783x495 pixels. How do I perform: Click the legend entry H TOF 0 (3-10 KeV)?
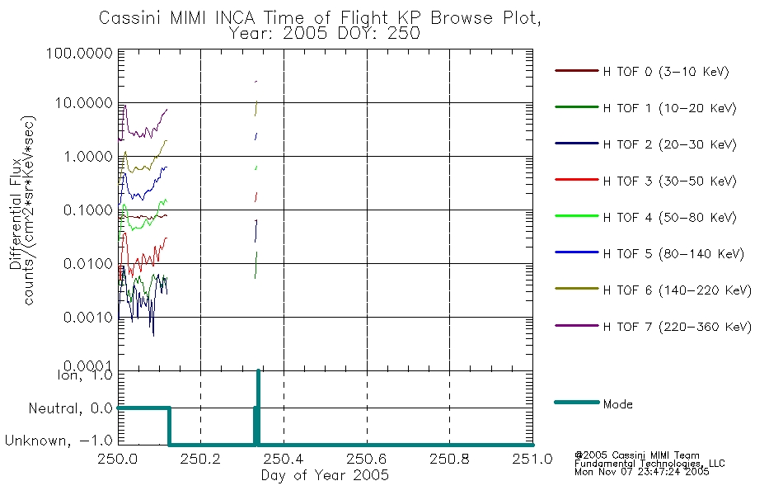[x=666, y=72]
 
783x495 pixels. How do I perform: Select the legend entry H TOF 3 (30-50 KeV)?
[x=669, y=181]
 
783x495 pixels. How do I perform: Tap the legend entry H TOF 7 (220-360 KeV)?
[x=678, y=327]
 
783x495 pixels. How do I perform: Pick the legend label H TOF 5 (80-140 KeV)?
[x=673, y=254]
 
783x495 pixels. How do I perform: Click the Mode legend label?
[x=617, y=404]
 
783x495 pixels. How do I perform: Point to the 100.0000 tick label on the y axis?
[x=79, y=53]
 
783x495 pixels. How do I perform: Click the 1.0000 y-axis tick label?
[x=88, y=157]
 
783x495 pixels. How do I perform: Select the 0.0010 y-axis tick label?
[x=88, y=317]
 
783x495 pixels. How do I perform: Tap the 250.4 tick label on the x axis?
[x=284, y=459]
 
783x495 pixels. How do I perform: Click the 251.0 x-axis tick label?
[x=532, y=459]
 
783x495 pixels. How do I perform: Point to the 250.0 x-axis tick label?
[x=118, y=459]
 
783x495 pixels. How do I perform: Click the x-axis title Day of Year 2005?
[x=325, y=475]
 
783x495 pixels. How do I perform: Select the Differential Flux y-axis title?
[x=15, y=214]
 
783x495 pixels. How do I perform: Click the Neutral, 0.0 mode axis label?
[x=70, y=408]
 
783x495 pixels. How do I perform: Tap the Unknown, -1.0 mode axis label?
[x=59, y=441]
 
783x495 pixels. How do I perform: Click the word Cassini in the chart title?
[x=130, y=18]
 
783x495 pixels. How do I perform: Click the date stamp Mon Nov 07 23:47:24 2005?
[x=642, y=471]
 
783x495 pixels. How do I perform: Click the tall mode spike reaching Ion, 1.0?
[x=258, y=408]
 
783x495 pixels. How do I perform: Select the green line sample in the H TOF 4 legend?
[x=577, y=216]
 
